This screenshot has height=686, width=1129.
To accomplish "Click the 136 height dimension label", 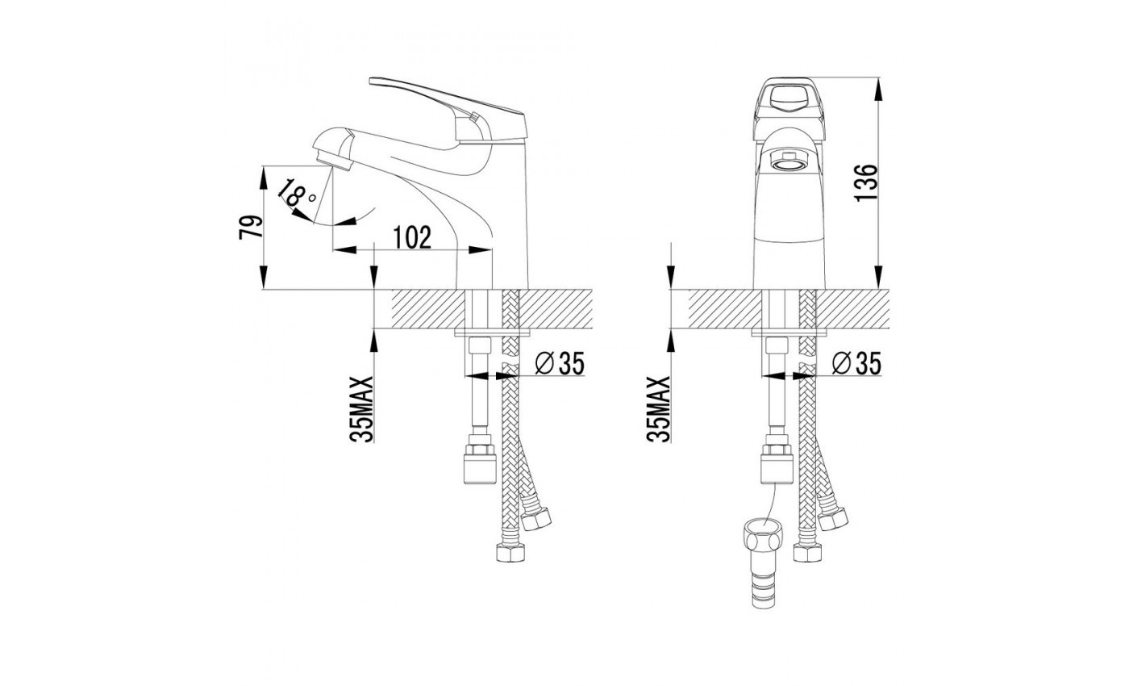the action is pos(866,182).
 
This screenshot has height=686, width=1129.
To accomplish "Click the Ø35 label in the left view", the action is pos(560,363).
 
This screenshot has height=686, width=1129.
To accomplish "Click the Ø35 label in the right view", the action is pos(856,363).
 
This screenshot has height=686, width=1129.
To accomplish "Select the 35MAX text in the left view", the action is pos(362,409).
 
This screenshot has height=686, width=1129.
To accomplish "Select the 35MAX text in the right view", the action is pos(659,409).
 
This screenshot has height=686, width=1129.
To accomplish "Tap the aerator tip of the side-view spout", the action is pos(331,161).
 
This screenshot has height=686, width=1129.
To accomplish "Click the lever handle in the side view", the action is pos(448,108).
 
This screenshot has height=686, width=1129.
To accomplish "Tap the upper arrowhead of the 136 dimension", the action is pos(878,89).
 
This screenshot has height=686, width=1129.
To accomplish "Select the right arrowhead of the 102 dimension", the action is pos(481,249).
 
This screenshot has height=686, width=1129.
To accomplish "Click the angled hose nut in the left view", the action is pos(535,518).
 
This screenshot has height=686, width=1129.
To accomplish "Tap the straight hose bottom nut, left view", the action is pos(510,552).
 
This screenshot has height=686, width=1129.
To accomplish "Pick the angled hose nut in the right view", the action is pos(832,518).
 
